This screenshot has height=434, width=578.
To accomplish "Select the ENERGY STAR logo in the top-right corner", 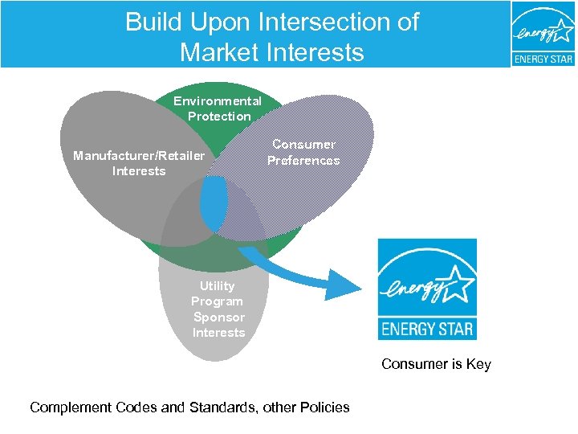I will pos(543,35).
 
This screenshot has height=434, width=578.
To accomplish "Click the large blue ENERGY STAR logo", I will pos(427,289).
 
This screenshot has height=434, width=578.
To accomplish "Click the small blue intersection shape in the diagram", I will pos(214,202).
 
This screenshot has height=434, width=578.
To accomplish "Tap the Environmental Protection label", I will pos(218,108).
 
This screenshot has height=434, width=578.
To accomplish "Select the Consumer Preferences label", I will pos(303,152).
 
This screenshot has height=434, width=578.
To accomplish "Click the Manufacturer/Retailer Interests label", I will pos(139,163).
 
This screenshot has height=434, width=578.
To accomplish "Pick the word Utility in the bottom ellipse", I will pos(218,286).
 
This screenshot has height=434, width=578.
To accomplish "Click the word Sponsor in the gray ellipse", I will pos(218,317).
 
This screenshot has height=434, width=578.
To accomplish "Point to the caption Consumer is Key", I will pos(436,364).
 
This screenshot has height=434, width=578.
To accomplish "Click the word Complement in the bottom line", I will pos(68,407).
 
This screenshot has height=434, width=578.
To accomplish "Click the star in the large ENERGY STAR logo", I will pos(456,283).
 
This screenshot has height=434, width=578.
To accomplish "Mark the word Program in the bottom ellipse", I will pos(217,301).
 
